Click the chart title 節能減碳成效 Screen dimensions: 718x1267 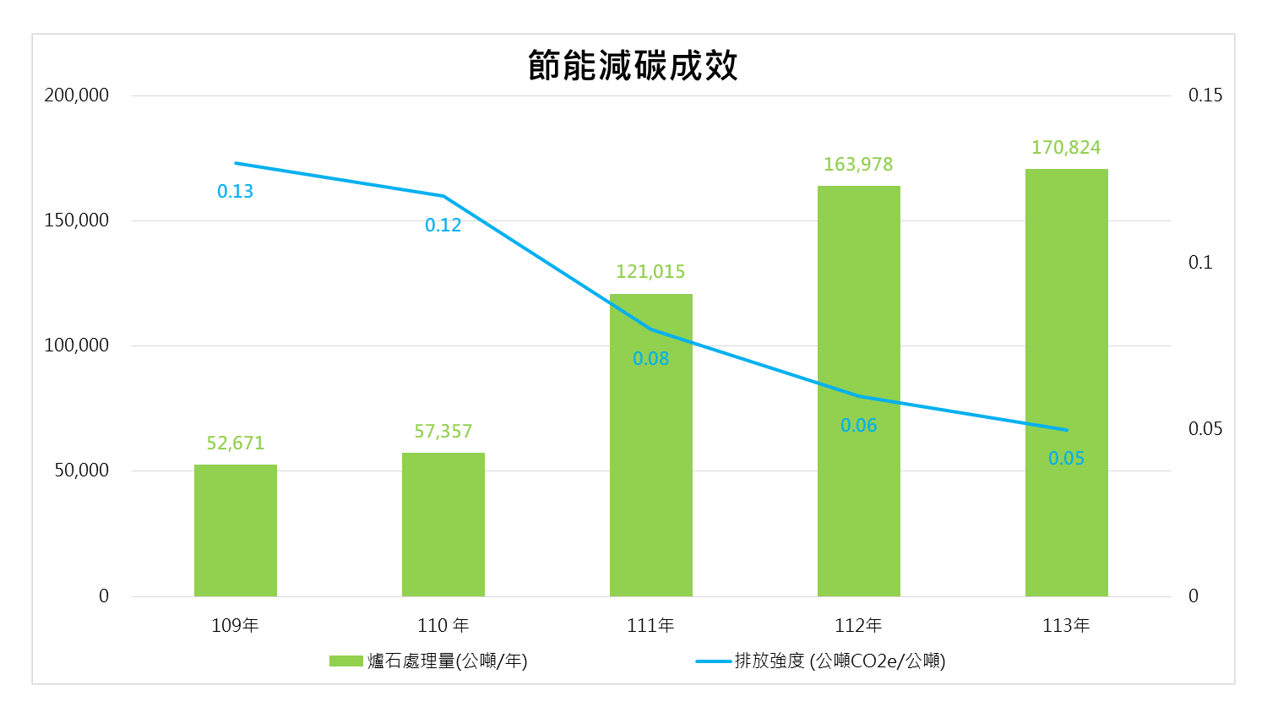click(x=633, y=66)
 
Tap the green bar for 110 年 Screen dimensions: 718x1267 click(x=443, y=525)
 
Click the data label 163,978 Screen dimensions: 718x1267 click(x=858, y=165)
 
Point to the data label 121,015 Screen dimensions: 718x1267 click(x=650, y=272)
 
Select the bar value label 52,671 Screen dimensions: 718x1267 click(x=236, y=443)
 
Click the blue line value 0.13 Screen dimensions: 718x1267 click(x=236, y=192)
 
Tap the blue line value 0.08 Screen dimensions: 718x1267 click(x=651, y=359)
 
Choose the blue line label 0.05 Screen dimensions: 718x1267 click(x=1066, y=459)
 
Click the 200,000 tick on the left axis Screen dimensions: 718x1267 click(x=77, y=95)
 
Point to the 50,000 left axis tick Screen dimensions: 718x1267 click(x=82, y=471)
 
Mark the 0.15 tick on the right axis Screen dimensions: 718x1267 click(x=1205, y=95)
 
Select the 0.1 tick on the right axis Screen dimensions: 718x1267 click(x=1200, y=263)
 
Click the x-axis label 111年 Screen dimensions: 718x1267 click(x=650, y=626)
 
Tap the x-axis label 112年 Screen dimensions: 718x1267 click(x=858, y=626)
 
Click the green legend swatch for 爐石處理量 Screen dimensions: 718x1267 click(x=345, y=661)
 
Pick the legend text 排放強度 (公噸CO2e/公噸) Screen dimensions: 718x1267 click(x=840, y=661)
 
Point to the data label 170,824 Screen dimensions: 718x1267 click(x=1066, y=148)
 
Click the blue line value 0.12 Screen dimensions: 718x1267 click(x=443, y=226)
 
